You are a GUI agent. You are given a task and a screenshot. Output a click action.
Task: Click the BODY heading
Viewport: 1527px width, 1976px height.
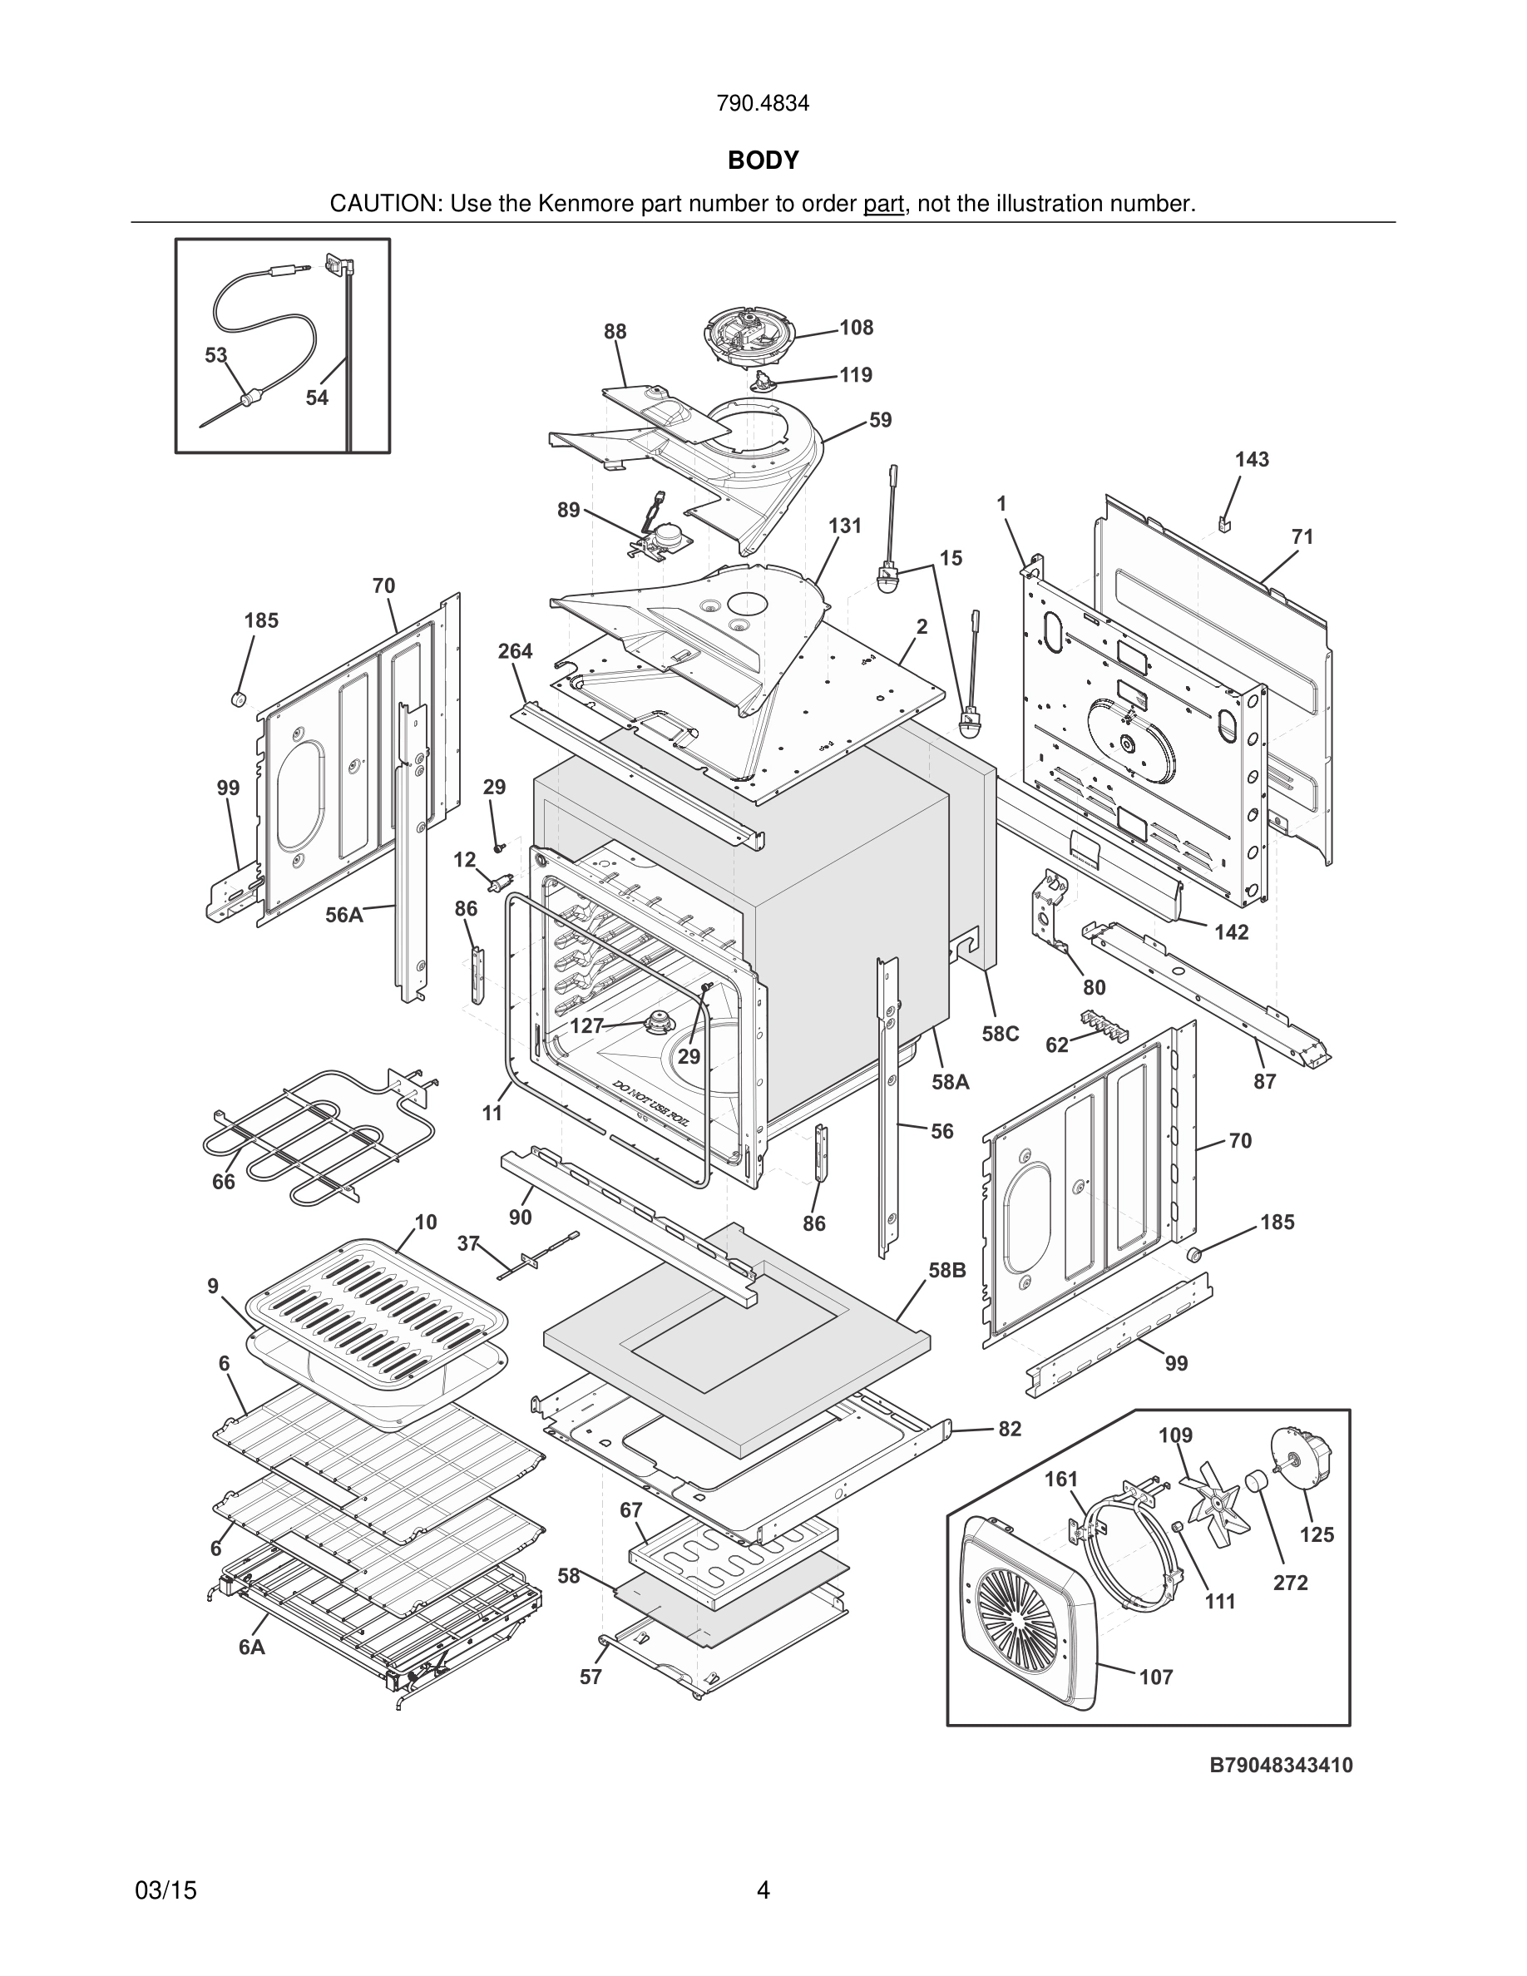[x=763, y=161]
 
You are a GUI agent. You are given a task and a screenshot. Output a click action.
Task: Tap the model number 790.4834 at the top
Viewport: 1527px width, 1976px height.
[x=763, y=103]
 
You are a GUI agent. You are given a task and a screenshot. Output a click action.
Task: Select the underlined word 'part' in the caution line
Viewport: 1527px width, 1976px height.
[x=883, y=205]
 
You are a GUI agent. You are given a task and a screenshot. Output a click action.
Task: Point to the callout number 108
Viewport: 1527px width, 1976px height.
[x=856, y=328]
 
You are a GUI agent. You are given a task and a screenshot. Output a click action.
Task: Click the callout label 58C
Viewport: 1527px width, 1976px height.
[x=1001, y=1033]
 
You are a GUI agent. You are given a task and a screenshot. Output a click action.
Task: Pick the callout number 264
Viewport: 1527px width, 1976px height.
[x=515, y=651]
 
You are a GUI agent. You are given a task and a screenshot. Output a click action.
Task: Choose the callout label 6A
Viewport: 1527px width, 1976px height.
[x=251, y=1647]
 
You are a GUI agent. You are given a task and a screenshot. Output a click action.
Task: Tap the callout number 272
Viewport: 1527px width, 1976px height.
[x=1290, y=1583]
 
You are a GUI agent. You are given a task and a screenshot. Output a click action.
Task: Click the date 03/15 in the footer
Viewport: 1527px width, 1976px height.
[x=166, y=1891]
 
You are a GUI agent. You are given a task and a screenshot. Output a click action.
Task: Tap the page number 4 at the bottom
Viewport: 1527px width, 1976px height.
[x=763, y=1891]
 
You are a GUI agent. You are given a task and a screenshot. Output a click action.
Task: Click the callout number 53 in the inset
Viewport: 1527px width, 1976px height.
[x=215, y=356]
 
